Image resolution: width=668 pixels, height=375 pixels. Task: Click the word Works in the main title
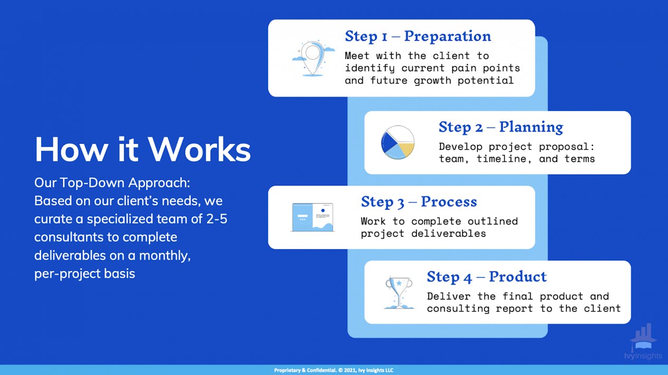(x=199, y=149)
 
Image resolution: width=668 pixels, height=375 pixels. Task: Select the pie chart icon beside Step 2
(x=398, y=143)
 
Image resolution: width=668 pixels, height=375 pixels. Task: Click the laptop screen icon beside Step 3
(x=312, y=218)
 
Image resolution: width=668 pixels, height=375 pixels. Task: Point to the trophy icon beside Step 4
(x=399, y=293)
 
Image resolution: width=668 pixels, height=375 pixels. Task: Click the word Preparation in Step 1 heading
(x=447, y=36)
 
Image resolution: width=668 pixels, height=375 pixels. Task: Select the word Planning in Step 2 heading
(x=531, y=127)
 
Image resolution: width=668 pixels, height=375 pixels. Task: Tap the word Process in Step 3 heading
(x=449, y=202)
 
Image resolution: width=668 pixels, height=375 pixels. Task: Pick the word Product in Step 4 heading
(x=518, y=276)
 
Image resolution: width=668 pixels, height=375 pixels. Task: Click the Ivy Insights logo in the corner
(x=643, y=342)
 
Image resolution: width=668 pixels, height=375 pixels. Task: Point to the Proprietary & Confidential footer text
(x=333, y=370)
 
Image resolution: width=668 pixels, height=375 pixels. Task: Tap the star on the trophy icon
(x=399, y=283)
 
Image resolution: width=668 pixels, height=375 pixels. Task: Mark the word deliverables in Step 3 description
(x=448, y=233)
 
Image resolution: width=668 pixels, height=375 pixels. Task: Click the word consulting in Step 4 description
(x=458, y=309)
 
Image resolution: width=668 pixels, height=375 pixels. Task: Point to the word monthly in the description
(x=165, y=256)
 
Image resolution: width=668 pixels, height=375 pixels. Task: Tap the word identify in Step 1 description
(x=370, y=69)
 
